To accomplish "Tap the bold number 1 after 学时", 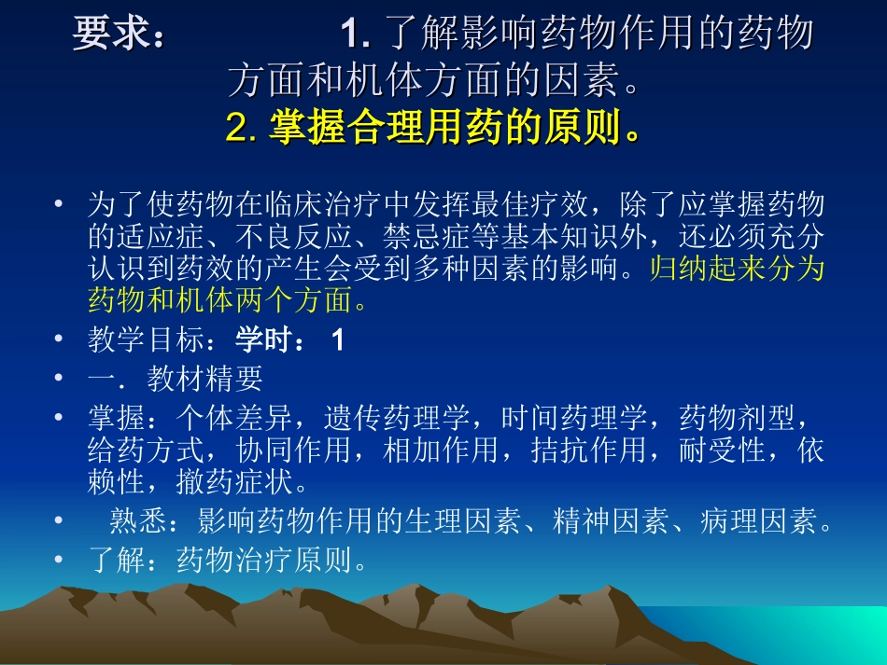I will pyautogui.click(x=338, y=340).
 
